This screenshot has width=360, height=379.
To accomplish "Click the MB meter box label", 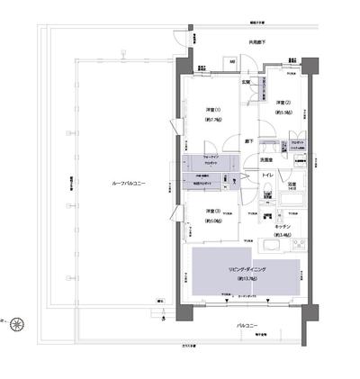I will [232, 61].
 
